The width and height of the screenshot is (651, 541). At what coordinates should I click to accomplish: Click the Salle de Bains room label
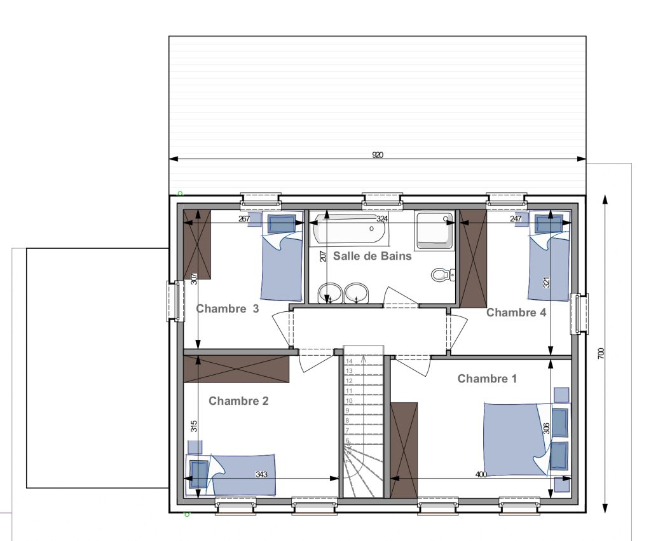pyautogui.click(x=372, y=256)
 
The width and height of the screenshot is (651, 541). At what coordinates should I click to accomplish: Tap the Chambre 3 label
pyautogui.click(x=227, y=309)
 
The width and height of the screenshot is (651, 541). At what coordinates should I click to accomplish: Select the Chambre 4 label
pyautogui.click(x=516, y=313)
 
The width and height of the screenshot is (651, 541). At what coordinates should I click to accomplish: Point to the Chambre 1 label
pyautogui.click(x=487, y=379)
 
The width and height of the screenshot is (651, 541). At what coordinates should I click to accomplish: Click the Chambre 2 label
pyautogui.click(x=238, y=401)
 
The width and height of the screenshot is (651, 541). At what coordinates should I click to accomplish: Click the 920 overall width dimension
pyautogui.click(x=378, y=155)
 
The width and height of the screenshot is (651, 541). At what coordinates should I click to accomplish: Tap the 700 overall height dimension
pyautogui.click(x=601, y=354)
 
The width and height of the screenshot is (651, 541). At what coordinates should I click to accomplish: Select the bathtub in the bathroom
pyautogui.click(x=350, y=228)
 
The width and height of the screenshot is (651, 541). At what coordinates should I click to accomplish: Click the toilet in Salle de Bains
pyautogui.click(x=443, y=275)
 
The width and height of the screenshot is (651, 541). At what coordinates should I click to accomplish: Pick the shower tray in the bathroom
pyautogui.click(x=434, y=230)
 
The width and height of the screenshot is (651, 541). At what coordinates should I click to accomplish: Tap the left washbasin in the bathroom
pyautogui.click(x=330, y=293)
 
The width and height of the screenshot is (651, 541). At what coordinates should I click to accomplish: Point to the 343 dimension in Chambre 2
pyautogui.click(x=261, y=474)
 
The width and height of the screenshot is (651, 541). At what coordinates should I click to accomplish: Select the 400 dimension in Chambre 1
pyautogui.click(x=481, y=474)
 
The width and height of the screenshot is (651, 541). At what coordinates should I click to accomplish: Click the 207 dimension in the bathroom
pyautogui.click(x=323, y=255)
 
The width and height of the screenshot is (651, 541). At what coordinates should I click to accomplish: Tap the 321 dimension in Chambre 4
pyautogui.click(x=546, y=283)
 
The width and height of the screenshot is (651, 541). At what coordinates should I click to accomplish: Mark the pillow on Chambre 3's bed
pyautogui.click(x=282, y=224)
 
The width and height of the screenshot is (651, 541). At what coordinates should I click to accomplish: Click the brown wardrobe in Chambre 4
pyautogui.click(x=473, y=258)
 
